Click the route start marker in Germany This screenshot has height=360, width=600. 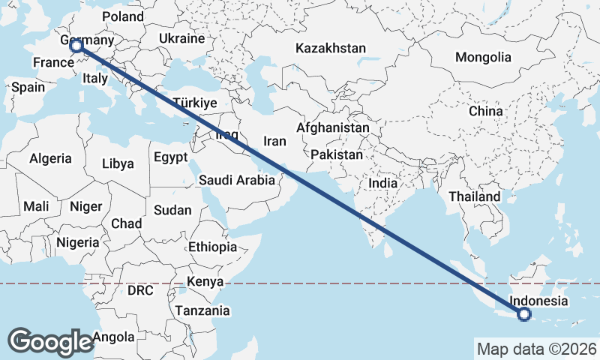76,47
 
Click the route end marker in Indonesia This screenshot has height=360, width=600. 523,315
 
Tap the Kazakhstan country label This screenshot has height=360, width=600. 331,49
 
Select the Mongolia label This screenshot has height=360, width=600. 483,57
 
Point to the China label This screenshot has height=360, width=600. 485,111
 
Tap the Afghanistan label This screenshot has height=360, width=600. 333,128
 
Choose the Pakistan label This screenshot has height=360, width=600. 337,155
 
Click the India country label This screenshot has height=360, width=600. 383,183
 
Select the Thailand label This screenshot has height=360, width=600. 474,196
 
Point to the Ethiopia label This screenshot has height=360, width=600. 213,247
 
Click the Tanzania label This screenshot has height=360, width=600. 202,310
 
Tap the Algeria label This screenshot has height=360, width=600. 50,158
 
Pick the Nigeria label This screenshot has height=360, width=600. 77,242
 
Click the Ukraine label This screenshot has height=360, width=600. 181,38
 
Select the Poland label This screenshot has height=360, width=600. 122,16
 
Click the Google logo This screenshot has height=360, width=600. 50,341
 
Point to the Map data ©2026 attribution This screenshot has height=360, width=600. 536,349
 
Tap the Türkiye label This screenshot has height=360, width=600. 194,103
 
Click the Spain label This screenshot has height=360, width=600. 28,87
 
